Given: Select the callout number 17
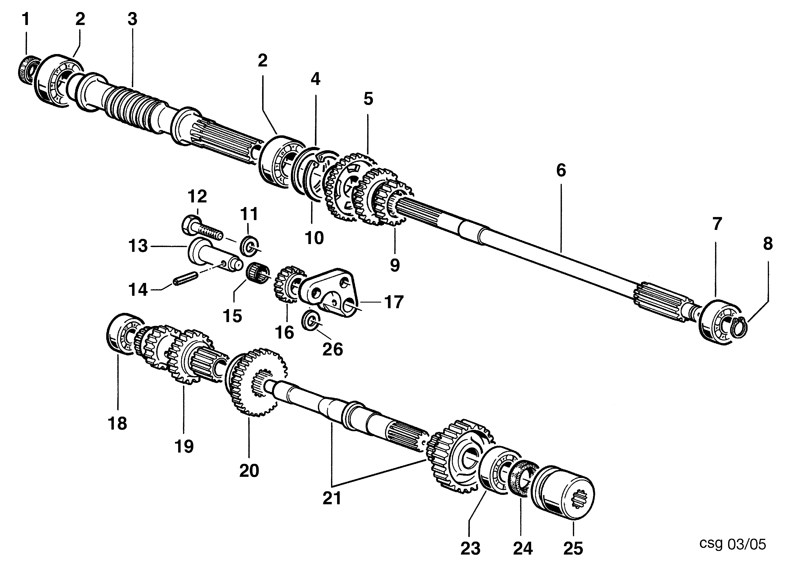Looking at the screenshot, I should point(394,302).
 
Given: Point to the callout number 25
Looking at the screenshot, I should point(573,548).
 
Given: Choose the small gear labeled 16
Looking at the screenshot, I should point(288,284).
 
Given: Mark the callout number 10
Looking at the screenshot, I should point(314,238).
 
